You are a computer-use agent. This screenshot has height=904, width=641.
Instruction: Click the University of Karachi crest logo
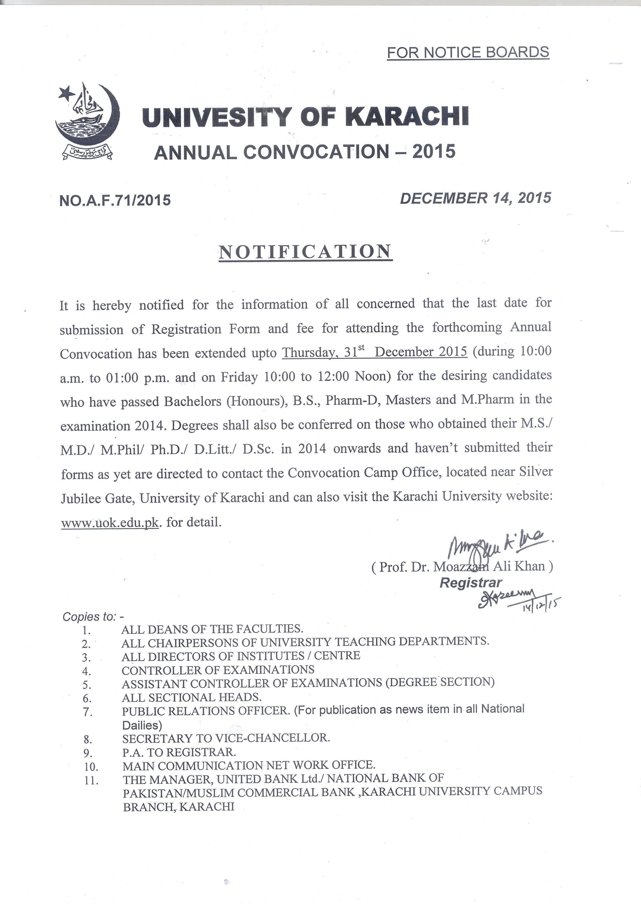tap(87, 121)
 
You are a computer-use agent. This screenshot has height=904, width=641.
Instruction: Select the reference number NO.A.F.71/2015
tap(115, 200)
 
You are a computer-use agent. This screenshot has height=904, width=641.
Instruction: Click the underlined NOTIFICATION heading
tap(305, 251)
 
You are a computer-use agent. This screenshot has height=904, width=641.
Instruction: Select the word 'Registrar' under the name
tap(471, 582)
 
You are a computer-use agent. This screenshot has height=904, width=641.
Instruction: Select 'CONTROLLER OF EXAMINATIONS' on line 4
tap(218, 670)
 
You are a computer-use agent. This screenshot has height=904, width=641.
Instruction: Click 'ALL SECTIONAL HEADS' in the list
tap(191, 697)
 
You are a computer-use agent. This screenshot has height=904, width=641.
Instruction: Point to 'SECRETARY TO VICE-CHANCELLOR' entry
tap(226, 738)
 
